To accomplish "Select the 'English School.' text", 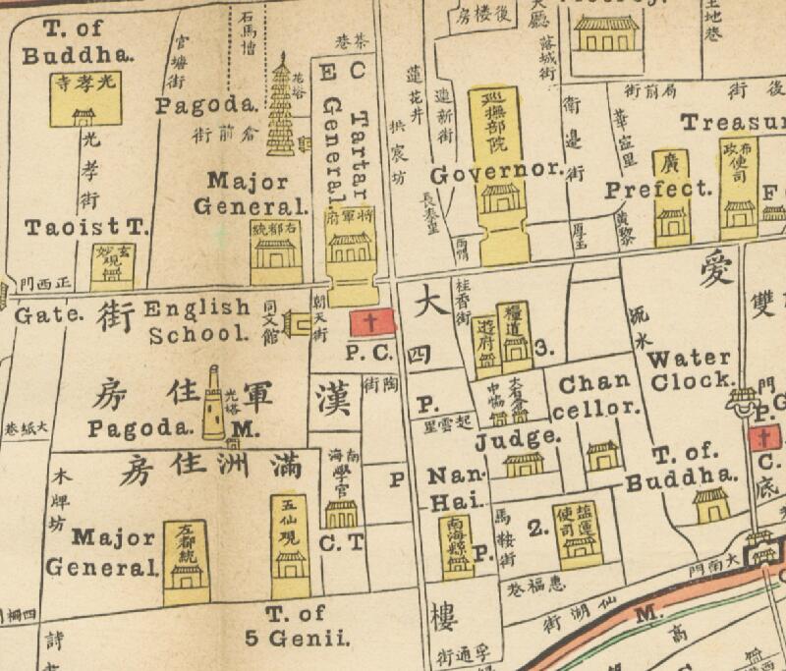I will click(x=199, y=320).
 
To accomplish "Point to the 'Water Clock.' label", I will click(x=690, y=368).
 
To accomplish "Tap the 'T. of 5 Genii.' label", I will click(x=296, y=626).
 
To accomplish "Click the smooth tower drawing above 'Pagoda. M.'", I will click(x=213, y=402).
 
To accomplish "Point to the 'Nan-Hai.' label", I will click(x=446, y=489).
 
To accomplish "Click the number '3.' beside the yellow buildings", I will click(x=546, y=346).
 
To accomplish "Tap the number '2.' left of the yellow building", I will click(x=536, y=530).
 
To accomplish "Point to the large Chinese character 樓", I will click(x=444, y=619).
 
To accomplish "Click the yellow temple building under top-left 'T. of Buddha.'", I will click(x=84, y=99).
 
